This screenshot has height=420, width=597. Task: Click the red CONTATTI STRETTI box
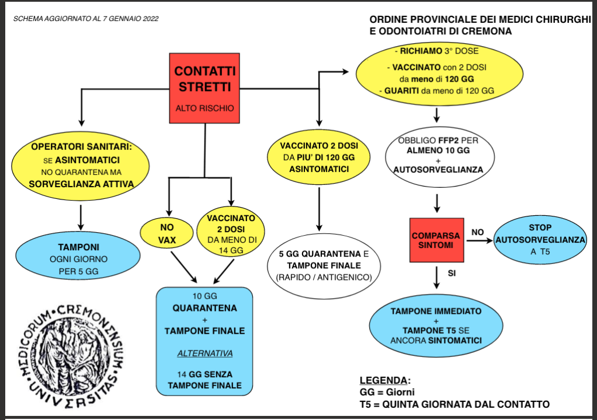204,88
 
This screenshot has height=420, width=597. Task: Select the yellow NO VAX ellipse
167,232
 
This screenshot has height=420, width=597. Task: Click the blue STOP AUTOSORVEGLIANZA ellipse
540,240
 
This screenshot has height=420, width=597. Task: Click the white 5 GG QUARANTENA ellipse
319,265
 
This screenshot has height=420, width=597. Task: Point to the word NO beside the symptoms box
477,232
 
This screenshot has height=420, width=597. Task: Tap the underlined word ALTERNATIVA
204,353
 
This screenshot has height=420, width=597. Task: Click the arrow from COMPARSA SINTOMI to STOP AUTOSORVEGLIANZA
479,240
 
